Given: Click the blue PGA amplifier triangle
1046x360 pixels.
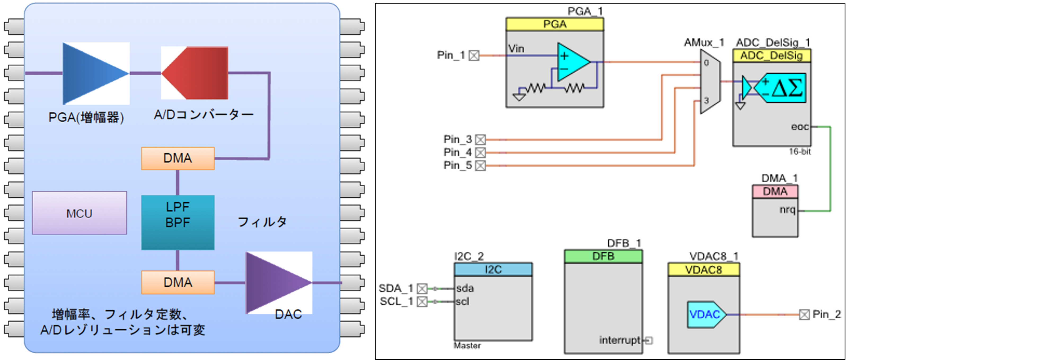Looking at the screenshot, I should click(x=91, y=73).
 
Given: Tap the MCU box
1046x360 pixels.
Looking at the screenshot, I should click(x=80, y=213).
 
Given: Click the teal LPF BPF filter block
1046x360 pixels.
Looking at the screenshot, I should click(x=178, y=223).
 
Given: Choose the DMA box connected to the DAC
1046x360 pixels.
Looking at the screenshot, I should click(x=178, y=282).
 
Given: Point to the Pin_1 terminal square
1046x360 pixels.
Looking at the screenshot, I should click(x=474, y=56).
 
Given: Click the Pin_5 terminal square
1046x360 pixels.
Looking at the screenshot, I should click(x=480, y=166).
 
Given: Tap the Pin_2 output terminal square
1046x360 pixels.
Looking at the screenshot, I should click(x=804, y=314).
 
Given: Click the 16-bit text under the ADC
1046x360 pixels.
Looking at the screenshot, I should click(x=800, y=152).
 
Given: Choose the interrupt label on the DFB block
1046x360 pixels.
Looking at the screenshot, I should click(x=620, y=340).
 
